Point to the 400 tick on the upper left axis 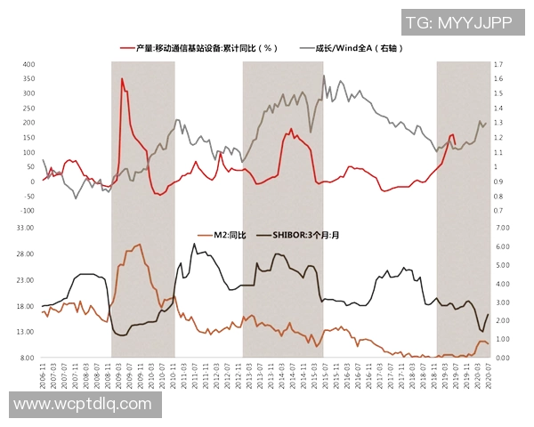click(x=28, y=65)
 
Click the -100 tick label click(x=27, y=211)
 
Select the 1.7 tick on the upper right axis click(x=498, y=65)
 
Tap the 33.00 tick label click(x=24, y=228)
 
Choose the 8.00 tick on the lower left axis click(x=26, y=358)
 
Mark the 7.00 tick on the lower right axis click(x=501, y=228)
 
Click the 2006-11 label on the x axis click(x=42, y=373)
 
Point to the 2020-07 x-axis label click(x=489, y=373)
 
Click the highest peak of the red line click(x=122, y=79)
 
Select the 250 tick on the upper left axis click(x=28, y=109)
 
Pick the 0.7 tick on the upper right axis click(x=498, y=211)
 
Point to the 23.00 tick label click(x=24, y=279)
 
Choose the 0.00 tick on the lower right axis click(x=501, y=358)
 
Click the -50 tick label click(x=28, y=196)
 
